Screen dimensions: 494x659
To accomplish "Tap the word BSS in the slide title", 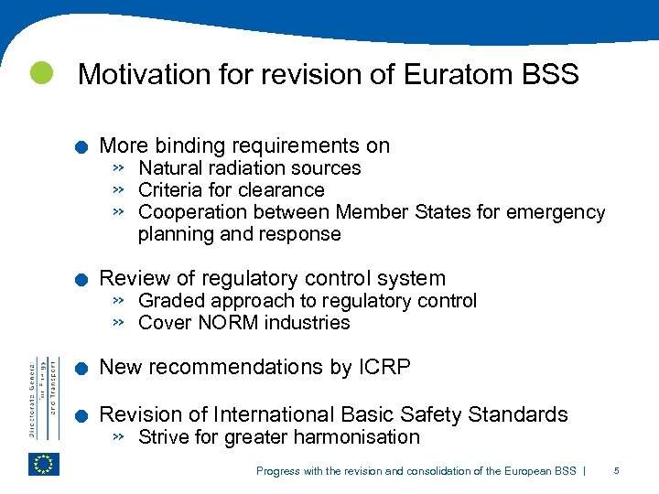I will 553,74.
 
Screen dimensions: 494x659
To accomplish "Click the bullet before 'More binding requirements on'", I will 81,147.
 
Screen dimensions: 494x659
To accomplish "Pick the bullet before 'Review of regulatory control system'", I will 81,280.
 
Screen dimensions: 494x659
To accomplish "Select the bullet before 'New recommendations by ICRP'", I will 81,369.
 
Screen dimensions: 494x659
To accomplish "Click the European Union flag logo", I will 44,464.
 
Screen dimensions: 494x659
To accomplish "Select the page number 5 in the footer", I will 617,471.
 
